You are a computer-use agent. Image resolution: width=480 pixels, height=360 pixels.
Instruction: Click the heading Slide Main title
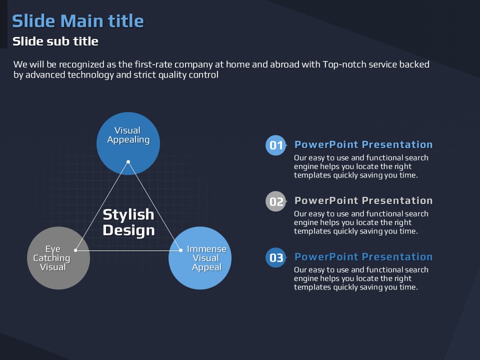click(x=78, y=21)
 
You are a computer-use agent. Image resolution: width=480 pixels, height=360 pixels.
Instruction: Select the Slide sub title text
click(x=55, y=41)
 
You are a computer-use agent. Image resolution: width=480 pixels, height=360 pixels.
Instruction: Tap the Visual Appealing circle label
click(x=128, y=135)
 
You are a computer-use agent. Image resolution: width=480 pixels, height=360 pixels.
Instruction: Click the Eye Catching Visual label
click(x=52, y=258)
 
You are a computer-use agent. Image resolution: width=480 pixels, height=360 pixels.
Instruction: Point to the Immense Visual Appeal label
click(x=206, y=258)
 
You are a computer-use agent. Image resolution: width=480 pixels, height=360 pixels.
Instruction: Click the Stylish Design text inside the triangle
click(x=128, y=222)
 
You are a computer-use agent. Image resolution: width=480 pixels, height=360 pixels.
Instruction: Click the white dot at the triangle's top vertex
click(x=128, y=161)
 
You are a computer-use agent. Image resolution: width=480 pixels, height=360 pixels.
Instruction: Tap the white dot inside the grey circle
click(x=75, y=250)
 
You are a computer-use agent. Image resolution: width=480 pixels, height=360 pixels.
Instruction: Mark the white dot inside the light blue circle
click(x=180, y=250)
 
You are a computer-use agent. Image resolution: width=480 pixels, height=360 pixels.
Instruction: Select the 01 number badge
click(x=276, y=145)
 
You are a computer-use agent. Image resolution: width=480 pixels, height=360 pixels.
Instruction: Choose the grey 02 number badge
click(x=276, y=201)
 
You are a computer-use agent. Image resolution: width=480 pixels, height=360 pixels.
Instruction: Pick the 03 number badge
click(x=276, y=257)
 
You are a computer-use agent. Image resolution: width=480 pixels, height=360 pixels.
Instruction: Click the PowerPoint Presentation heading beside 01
click(x=363, y=144)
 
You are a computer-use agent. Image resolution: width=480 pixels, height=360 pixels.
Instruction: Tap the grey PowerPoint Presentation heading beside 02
click(x=363, y=200)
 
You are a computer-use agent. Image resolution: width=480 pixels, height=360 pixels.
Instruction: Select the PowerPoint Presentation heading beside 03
click(x=363, y=256)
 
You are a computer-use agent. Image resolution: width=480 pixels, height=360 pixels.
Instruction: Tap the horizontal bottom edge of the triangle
click(x=128, y=250)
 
